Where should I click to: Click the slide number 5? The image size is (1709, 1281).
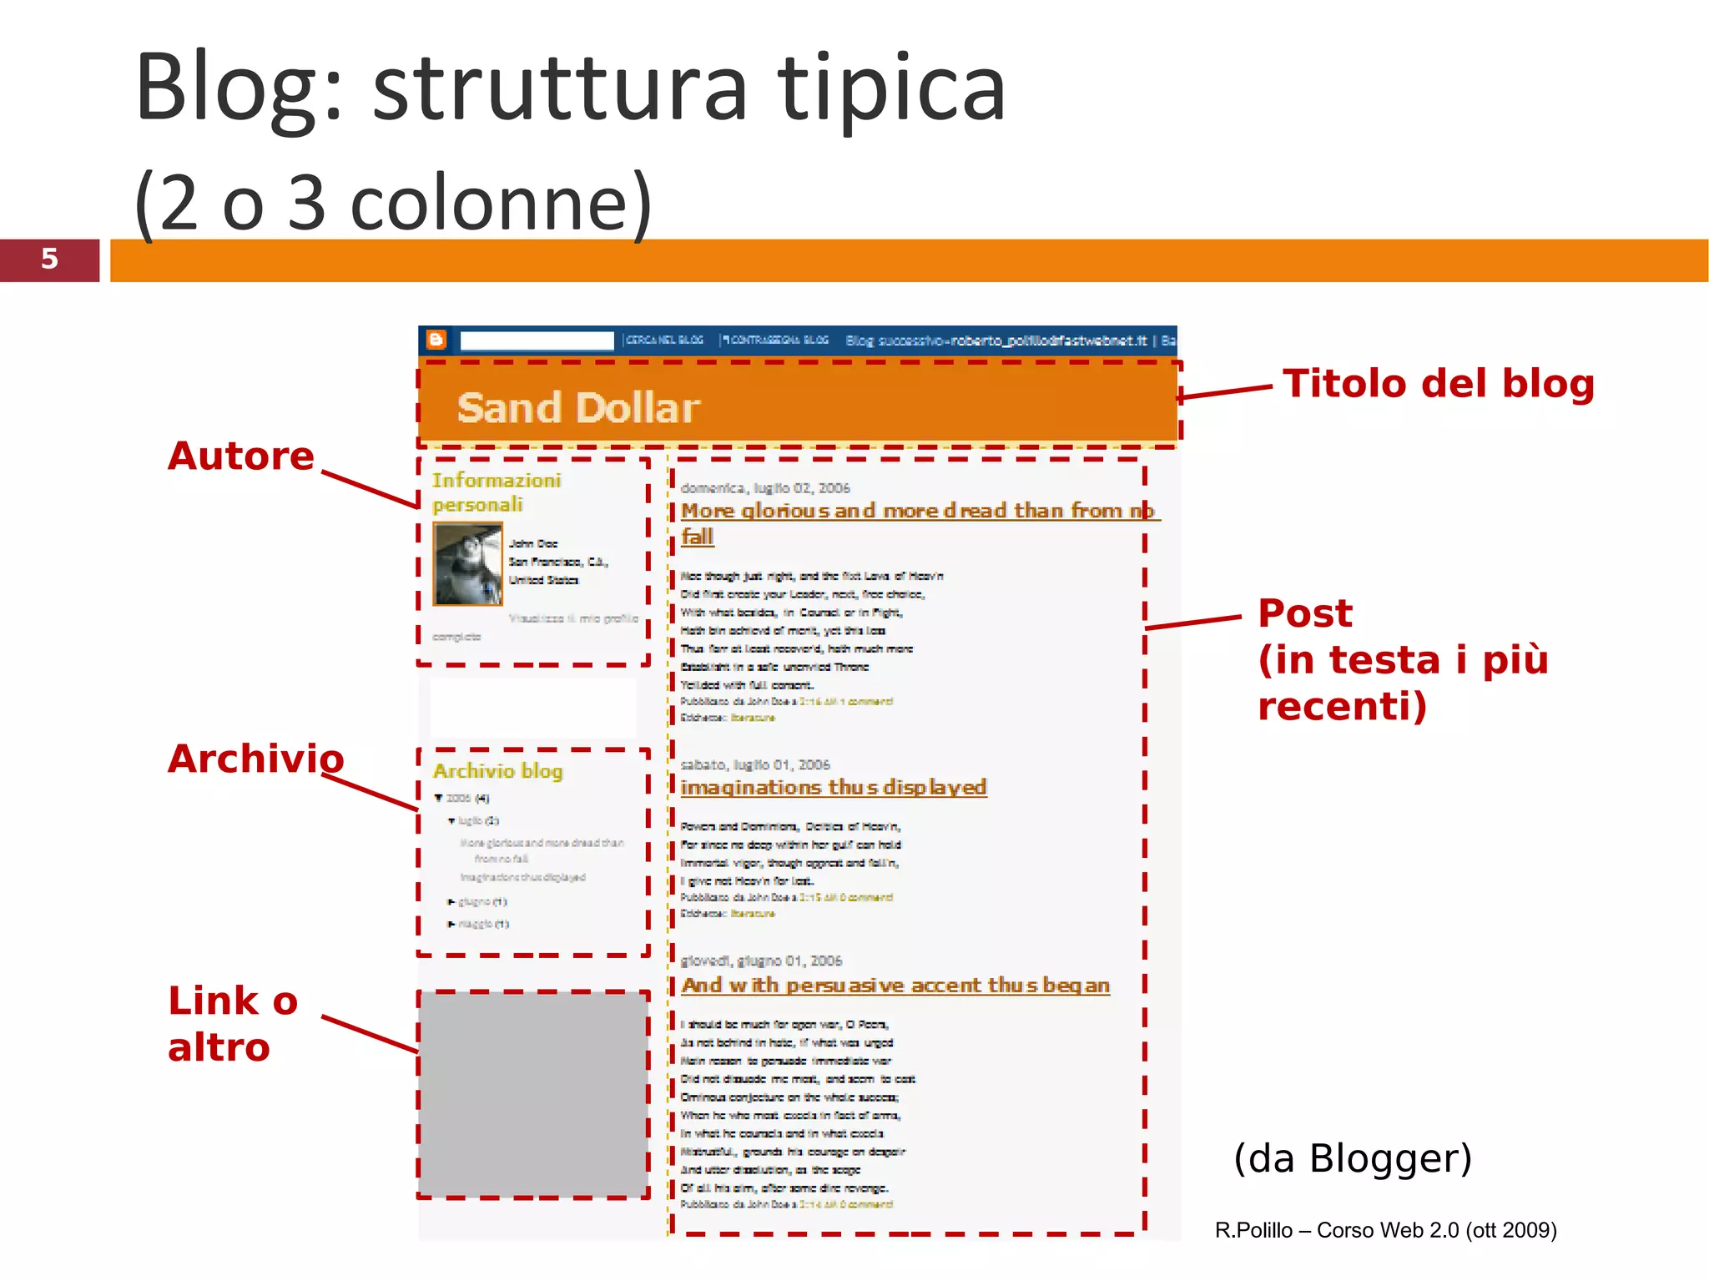pos(49,259)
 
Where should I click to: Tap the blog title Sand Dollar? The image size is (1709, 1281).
pos(577,408)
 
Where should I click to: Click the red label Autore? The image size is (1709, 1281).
pos(240,456)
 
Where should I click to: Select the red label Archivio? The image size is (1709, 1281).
pos(255,759)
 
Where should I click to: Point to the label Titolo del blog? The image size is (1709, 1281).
pos(1438,384)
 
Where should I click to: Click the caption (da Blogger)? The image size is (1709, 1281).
pos(1353,1157)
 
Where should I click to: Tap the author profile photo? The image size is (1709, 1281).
pos(467,563)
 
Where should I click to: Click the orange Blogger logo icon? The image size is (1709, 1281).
pos(436,340)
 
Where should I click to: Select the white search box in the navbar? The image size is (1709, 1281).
pos(537,340)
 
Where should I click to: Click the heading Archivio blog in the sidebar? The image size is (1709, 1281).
pos(497,771)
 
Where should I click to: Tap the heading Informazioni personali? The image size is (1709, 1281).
pos(496,492)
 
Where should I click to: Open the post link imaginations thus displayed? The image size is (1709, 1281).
pos(833,787)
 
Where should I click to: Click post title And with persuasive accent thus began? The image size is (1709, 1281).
pos(895,986)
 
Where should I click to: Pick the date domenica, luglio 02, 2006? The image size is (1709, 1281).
pos(764,488)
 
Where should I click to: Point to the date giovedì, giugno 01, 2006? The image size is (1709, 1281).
pos(761,961)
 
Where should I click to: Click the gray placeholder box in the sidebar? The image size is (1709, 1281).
pos(532,1094)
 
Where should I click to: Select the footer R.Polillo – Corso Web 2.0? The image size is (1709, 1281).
pos(1385,1230)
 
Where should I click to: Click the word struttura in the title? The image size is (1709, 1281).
pos(560,88)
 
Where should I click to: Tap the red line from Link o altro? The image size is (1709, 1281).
pos(369,1034)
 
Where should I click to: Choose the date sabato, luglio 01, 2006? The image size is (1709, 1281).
pos(754,764)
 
